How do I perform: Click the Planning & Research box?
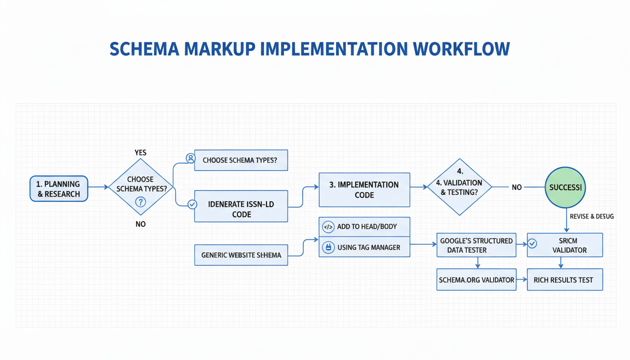click(x=59, y=189)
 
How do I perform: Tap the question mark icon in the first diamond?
click(x=140, y=202)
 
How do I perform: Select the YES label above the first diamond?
click(x=140, y=152)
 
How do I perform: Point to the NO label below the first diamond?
click(x=140, y=224)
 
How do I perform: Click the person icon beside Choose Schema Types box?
click(x=190, y=158)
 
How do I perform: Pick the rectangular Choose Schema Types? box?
click(x=241, y=160)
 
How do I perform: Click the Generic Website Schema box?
click(x=241, y=255)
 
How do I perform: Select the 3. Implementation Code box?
click(x=364, y=190)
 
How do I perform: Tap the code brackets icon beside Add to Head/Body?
click(x=328, y=227)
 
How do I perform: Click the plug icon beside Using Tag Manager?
click(x=328, y=247)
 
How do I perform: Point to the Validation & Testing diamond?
click(x=459, y=187)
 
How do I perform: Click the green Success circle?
click(x=565, y=187)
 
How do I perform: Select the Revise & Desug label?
click(x=592, y=217)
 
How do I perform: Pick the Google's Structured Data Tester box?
click(x=476, y=245)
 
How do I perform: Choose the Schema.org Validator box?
click(x=476, y=280)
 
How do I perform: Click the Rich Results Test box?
click(x=564, y=280)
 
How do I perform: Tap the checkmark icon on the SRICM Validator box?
click(x=532, y=244)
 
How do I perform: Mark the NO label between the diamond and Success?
click(x=517, y=187)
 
